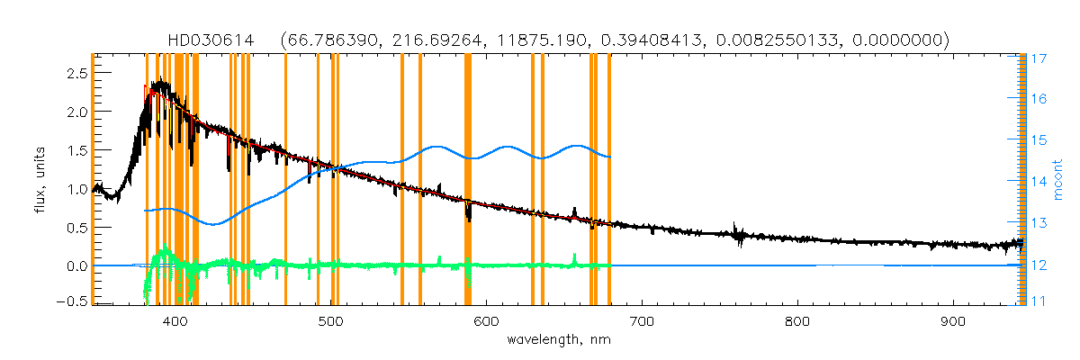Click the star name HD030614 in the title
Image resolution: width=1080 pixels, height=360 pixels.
(x=210, y=40)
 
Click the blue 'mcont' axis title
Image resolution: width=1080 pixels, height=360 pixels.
(x=1062, y=180)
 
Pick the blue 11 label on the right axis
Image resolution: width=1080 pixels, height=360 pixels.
(x=1038, y=302)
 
